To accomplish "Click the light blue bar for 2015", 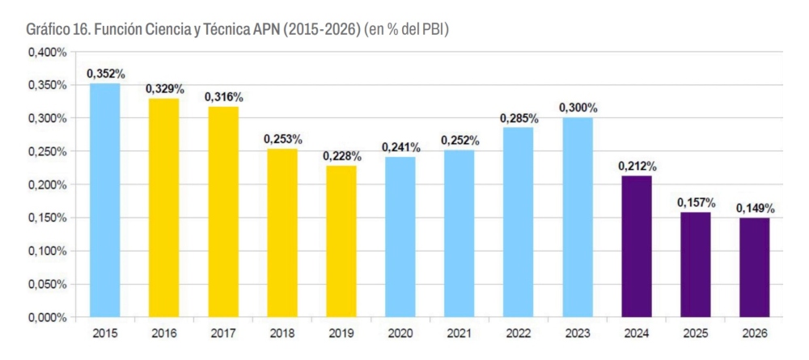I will [x=104, y=200].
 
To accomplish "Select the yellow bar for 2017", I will [x=222, y=212].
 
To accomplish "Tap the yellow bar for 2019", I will [x=341, y=241].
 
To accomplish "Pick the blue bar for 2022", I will [x=518, y=222].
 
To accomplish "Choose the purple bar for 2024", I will [x=637, y=246].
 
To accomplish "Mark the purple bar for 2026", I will [x=755, y=267].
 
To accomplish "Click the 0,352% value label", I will [x=105, y=74].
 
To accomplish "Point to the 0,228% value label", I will [x=341, y=156].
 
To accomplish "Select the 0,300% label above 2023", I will [x=578, y=108].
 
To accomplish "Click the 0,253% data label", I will [x=282, y=140].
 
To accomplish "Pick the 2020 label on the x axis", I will [x=400, y=332].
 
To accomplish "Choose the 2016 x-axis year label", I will [x=163, y=332].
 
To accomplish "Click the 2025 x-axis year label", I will [x=696, y=332].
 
